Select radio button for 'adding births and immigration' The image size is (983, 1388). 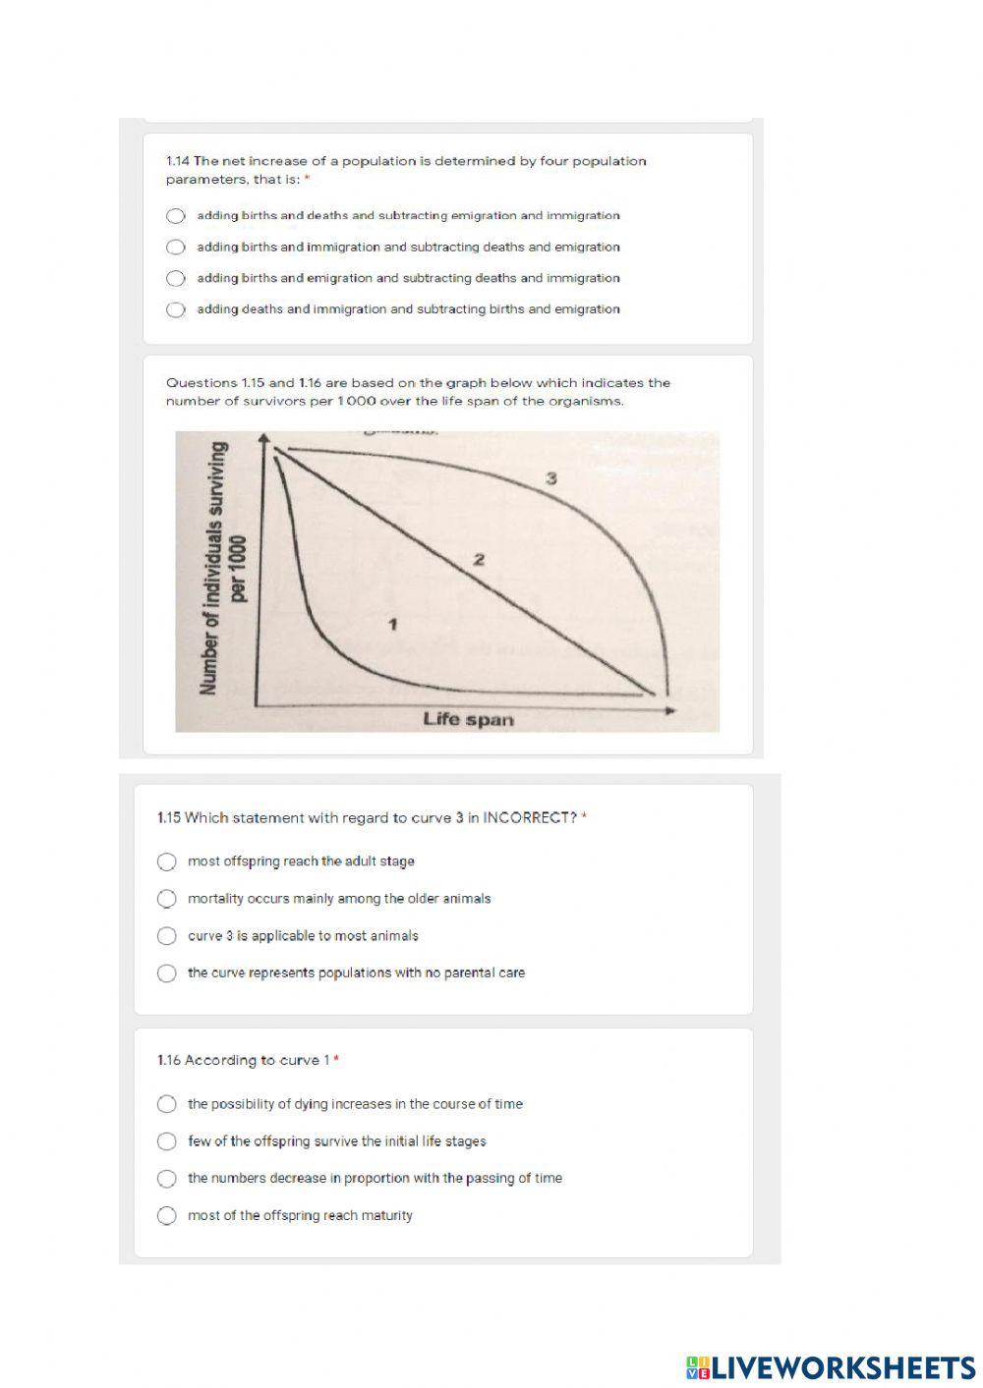pyautogui.click(x=176, y=248)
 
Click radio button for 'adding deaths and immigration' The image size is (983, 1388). pyautogui.click(x=176, y=309)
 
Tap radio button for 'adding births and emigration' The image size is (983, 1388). pyautogui.click(x=176, y=278)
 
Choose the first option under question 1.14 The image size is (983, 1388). pyautogui.click(x=176, y=216)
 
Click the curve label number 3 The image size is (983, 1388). pyautogui.click(x=551, y=479)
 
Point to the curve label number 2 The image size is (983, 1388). pyautogui.click(x=479, y=560)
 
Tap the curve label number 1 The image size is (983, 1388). pyautogui.click(x=392, y=624)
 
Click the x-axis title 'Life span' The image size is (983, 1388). pyautogui.click(x=468, y=719)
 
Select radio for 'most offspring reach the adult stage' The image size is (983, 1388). pyautogui.click(x=167, y=861)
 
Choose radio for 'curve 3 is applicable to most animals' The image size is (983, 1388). pyautogui.click(x=167, y=936)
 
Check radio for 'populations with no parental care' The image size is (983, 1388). pyautogui.click(x=167, y=973)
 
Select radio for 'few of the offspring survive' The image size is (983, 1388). pyautogui.click(x=167, y=1141)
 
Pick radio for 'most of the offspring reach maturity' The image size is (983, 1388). pyautogui.click(x=167, y=1216)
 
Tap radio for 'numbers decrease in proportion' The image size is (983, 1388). pyautogui.click(x=167, y=1179)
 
